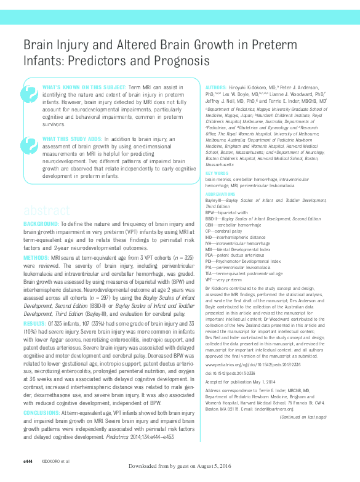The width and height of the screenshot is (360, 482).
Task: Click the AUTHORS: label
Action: pos(215,88)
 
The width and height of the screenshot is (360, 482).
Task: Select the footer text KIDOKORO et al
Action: pos(56,462)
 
